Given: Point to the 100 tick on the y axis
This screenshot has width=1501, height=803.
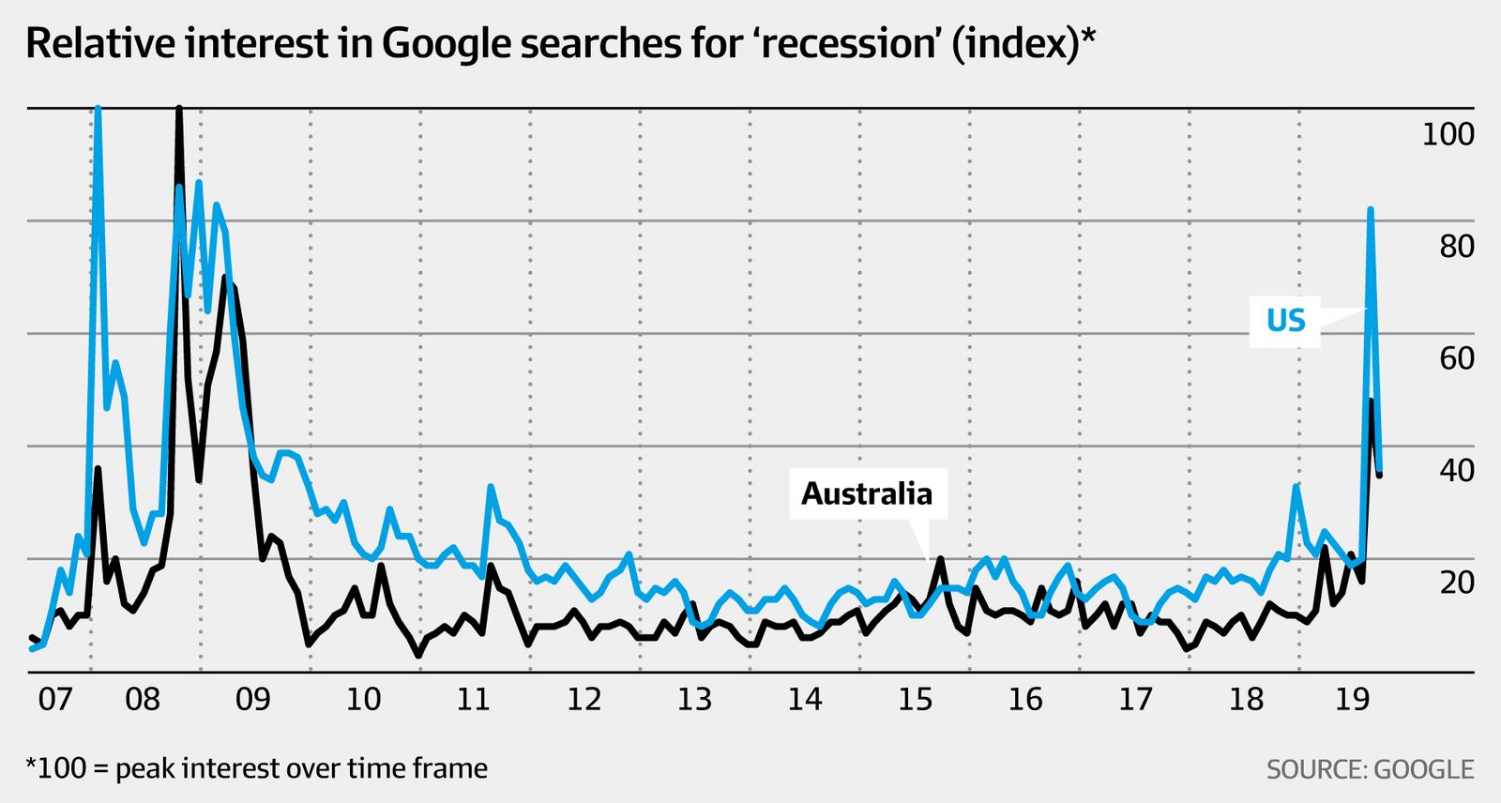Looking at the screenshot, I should pyautogui.click(x=1448, y=135).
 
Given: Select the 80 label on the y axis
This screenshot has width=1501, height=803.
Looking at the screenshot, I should pyautogui.click(x=1456, y=247).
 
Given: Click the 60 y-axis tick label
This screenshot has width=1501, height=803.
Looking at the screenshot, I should pyautogui.click(x=1456, y=358).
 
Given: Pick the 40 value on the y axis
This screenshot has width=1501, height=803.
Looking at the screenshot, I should pyautogui.click(x=1456, y=471).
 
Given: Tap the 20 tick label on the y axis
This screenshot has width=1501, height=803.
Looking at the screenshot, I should pyautogui.click(x=1456, y=583).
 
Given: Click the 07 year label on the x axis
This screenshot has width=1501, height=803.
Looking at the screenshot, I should pyautogui.click(x=54, y=700).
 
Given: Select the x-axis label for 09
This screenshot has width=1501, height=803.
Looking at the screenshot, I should pyautogui.click(x=253, y=700).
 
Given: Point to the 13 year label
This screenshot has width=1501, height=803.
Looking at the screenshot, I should pyautogui.click(x=694, y=700).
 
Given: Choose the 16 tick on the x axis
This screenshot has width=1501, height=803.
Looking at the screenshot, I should pyautogui.click(x=1025, y=700).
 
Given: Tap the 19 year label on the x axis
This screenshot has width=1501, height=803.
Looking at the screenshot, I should pyautogui.click(x=1352, y=700).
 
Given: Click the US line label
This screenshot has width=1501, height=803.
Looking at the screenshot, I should pyautogui.click(x=1285, y=321).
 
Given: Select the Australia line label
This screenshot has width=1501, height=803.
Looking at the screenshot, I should pyautogui.click(x=867, y=493).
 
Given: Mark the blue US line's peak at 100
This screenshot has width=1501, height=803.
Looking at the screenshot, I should pyautogui.click(x=98, y=110).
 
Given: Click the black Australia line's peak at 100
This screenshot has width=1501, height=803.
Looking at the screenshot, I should pyautogui.click(x=178, y=110).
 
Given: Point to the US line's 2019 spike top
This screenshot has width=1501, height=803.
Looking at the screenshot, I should pyautogui.click(x=1371, y=210).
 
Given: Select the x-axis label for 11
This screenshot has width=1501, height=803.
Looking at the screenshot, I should pyautogui.click(x=474, y=700).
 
